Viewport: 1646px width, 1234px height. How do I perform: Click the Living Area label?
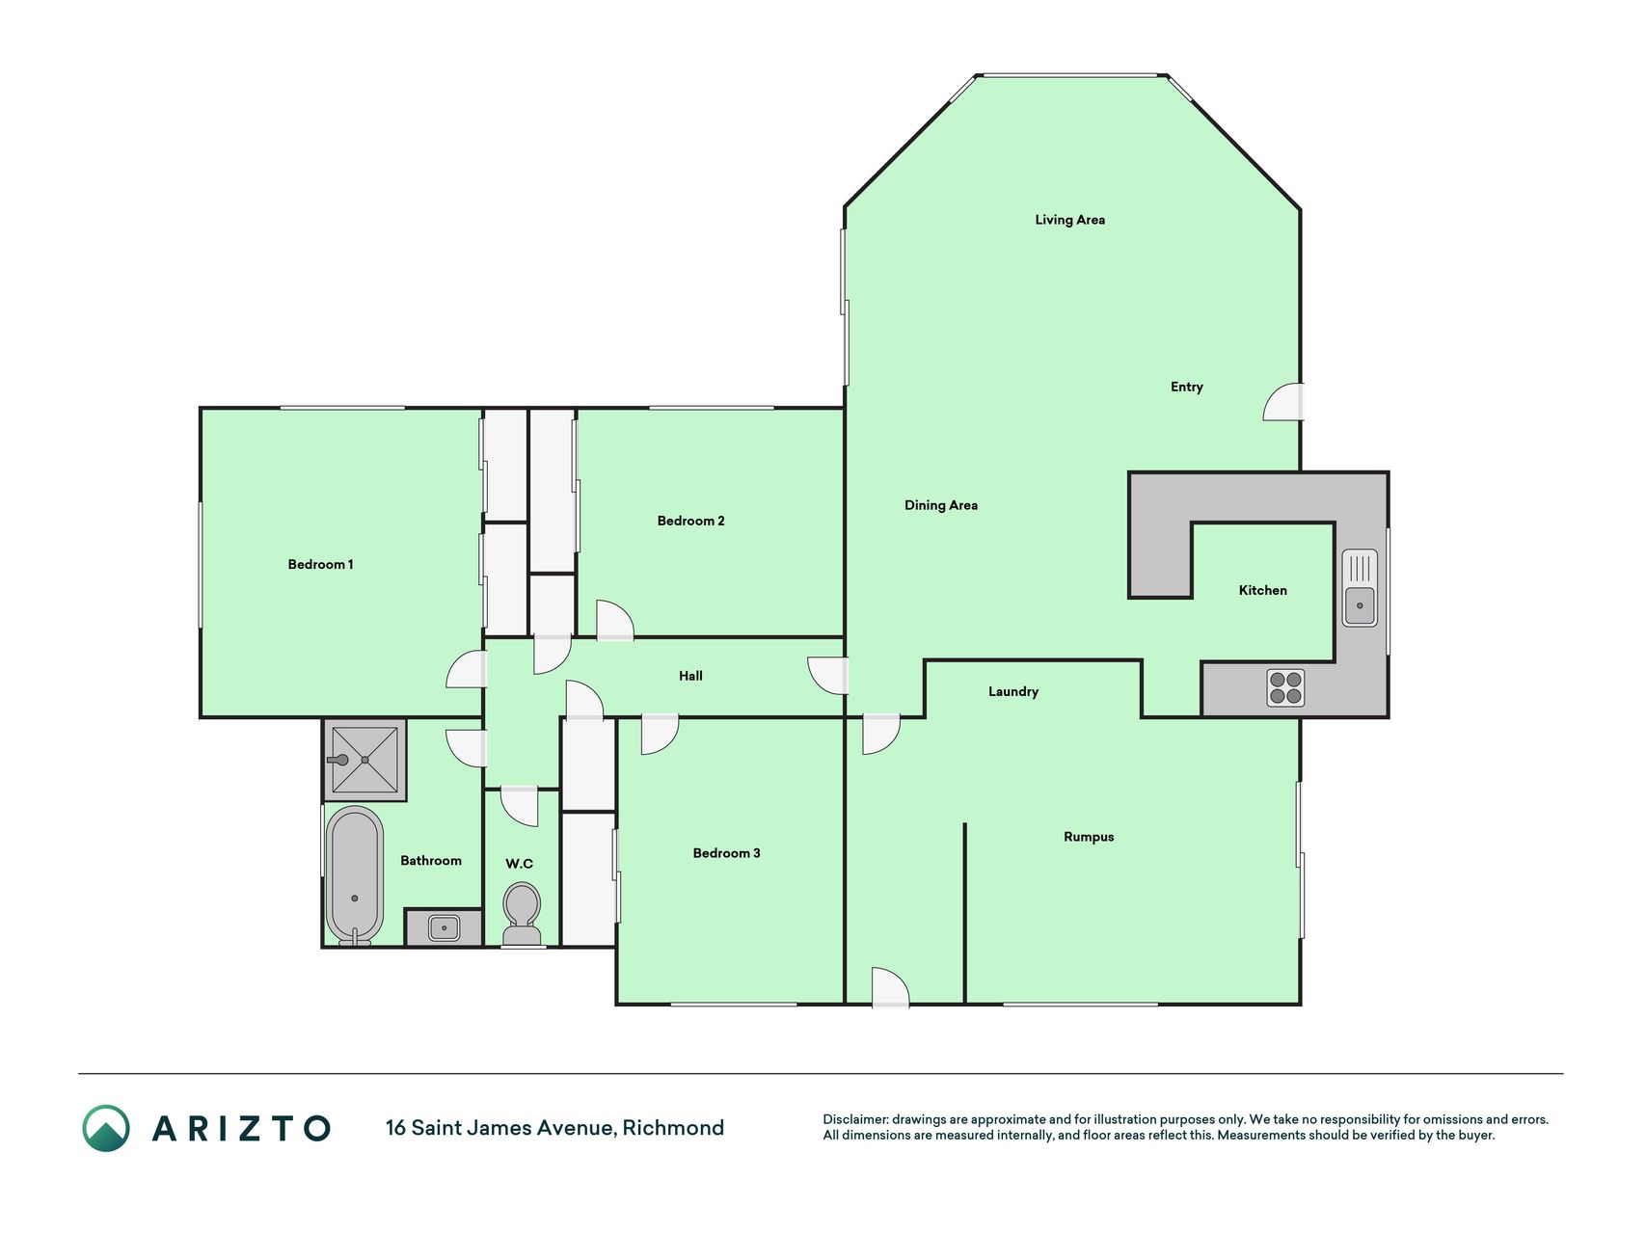[x=1069, y=220]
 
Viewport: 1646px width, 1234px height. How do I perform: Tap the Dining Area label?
[x=940, y=505]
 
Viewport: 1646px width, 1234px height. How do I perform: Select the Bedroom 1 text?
[x=320, y=564]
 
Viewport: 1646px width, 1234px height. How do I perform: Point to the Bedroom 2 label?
[x=690, y=521]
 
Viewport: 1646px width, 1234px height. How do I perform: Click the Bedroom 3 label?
[x=726, y=853]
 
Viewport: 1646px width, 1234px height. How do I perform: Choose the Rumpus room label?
[x=1089, y=837]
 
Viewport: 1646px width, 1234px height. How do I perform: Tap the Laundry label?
[x=1012, y=691]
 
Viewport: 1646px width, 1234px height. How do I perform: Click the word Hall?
[x=690, y=676]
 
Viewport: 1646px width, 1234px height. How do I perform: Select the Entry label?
[x=1186, y=387]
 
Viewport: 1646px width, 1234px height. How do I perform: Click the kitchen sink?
[x=1360, y=588]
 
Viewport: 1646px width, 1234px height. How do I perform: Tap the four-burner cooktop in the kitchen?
[x=1285, y=687]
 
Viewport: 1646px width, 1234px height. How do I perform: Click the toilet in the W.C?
[x=522, y=915]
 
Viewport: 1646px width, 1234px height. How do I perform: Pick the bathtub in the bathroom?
[x=354, y=875]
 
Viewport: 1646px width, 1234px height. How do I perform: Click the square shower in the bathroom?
[x=364, y=760]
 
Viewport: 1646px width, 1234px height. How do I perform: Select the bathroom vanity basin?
[x=444, y=928]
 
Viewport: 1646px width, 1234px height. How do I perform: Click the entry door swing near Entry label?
[x=1283, y=402]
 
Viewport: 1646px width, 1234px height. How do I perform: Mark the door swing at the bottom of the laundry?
[x=890, y=987]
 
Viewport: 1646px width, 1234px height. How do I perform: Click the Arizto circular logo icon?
[x=106, y=1128]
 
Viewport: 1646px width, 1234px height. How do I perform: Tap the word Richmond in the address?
[x=673, y=1128]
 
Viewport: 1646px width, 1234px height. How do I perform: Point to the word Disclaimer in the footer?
[x=855, y=1119]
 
